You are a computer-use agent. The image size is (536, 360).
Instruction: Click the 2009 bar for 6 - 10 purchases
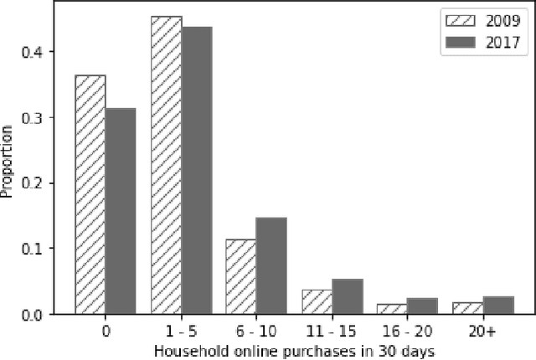click(x=241, y=276)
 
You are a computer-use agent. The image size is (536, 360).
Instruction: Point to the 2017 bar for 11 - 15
click(x=347, y=296)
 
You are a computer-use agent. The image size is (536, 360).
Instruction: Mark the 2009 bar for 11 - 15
click(x=317, y=301)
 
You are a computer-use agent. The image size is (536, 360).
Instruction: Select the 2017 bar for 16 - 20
click(x=423, y=306)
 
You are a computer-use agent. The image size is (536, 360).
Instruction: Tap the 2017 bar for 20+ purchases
click(x=498, y=305)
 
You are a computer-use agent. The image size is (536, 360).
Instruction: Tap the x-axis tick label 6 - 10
click(x=256, y=331)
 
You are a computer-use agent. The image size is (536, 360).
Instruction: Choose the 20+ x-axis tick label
click(x=483, y=331)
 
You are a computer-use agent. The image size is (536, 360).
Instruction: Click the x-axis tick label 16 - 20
click(x=408, y=331)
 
